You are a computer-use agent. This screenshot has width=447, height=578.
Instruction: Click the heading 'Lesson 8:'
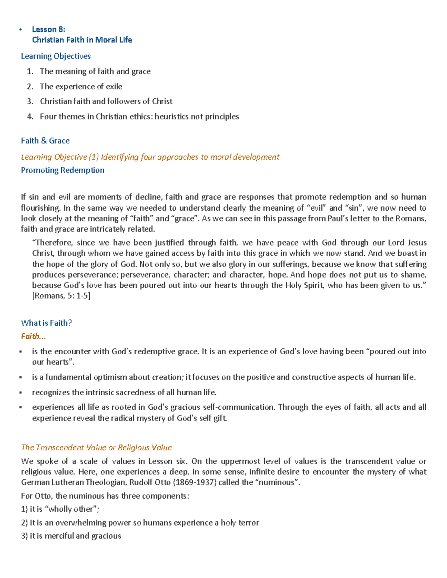tap(48, 29)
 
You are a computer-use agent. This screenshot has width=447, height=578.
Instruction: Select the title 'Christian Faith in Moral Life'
tap(82, 40)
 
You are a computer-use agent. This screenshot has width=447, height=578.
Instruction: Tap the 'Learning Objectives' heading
tap(56, 56)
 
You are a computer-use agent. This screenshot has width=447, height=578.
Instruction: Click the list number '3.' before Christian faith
tap(30, 101)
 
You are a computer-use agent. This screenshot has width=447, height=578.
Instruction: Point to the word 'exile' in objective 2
tap(114, 86)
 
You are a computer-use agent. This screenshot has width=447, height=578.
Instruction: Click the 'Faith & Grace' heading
tap(45, 141)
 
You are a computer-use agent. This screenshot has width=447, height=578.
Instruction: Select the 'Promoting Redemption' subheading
tap(63, 170)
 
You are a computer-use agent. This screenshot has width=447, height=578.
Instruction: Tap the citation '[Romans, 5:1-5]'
tap(61, 296)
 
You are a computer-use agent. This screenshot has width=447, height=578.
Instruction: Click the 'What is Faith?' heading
tap(47, 323)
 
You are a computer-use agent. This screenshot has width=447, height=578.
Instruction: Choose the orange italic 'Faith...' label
tap(33, 336)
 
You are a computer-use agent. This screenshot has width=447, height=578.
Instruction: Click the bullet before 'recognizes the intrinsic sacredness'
tap(21, 393)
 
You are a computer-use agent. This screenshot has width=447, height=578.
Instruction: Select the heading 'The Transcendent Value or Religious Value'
tap(96, 447)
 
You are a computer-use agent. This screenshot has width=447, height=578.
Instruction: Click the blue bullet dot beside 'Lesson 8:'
tap(21, 30)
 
